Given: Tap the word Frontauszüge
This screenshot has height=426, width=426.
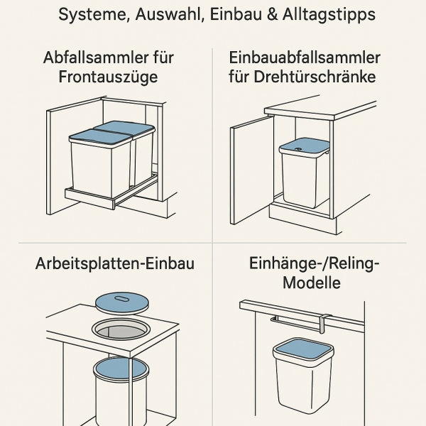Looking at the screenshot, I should click(x=109, y=77).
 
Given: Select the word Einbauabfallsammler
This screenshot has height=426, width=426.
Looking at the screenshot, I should click(x=305, y=58).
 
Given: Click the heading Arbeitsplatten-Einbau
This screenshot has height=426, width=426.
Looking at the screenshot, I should click(x=115, y=264).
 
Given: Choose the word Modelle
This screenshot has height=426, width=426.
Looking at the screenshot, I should click(x=312, y=283).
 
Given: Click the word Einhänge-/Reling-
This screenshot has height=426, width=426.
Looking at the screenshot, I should click(x=315, y=264).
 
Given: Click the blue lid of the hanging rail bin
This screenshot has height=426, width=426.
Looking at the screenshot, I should click(x=303, y=349).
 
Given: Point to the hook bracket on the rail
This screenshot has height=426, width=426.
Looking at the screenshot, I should click(x=324, y=321).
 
